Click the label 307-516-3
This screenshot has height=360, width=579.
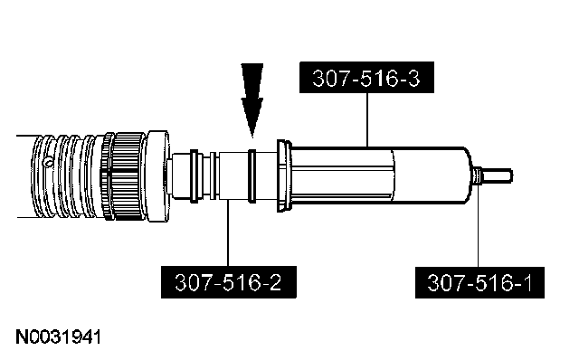pos(366,78)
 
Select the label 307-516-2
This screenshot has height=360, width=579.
pos(229,282)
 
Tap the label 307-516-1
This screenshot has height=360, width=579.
pos(479,282)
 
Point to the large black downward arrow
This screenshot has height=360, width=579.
pos(252,100)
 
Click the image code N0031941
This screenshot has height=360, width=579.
pos(58,337)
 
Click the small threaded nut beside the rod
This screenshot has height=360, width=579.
pos(477,175)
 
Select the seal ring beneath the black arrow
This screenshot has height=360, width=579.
pos(252,176)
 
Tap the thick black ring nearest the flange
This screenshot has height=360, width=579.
pos(195,176)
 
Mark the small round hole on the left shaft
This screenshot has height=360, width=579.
pos(48,162)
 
